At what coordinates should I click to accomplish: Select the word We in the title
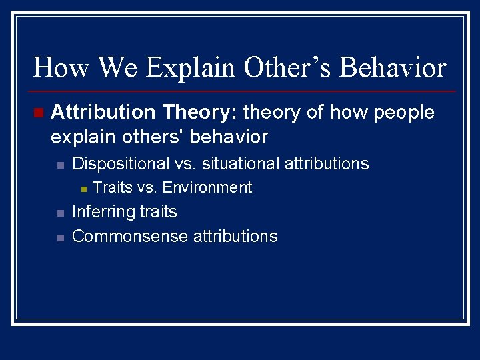[x=119, y=68]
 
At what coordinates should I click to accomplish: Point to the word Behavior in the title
[x=393, y=68]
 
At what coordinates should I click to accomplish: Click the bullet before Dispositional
[x=59, y=165]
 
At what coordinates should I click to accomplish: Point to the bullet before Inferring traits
[x=59, y=213]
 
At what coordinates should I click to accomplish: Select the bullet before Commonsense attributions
[x=59, y=238]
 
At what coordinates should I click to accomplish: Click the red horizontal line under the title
[x=240, y=91]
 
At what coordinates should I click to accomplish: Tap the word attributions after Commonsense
[x=235, y=237]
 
